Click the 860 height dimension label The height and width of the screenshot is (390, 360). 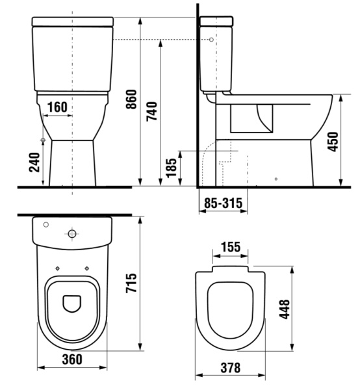coord(131,99)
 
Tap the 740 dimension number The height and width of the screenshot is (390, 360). coord(151,111)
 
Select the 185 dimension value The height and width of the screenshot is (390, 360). coord(172,168)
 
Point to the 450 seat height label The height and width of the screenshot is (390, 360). coord(333,142)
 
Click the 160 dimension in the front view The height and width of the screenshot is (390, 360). coord(57,107)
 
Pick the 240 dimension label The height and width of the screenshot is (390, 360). coord(34,162)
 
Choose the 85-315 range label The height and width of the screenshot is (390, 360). coord(223,203)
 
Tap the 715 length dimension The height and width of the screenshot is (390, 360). coord(131,283)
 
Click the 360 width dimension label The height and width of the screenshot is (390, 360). coord(72,359)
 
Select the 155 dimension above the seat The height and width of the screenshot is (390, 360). coord(231,247)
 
